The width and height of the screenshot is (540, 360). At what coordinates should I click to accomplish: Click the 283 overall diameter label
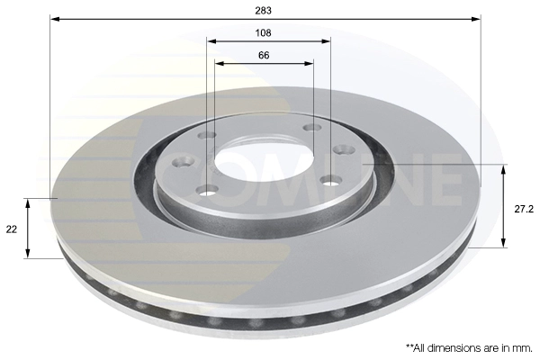tap(264, 10)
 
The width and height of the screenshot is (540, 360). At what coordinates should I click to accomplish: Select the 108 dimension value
tap(264, 32)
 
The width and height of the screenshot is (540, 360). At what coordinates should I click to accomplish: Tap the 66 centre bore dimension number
tap(264, 56)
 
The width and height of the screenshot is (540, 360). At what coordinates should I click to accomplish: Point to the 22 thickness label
tap(12, 229)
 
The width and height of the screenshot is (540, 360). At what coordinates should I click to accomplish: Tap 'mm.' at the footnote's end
tap(525, 346)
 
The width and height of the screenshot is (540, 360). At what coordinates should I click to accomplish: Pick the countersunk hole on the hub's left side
tap(184, 162)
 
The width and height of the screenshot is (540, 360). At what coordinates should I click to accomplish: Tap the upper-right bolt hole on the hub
tap(311, 128)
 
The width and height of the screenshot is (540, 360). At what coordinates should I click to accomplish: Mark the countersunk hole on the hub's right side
tap(341, 150)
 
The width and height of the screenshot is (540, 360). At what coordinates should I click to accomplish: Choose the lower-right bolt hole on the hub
tap(329, 181)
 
